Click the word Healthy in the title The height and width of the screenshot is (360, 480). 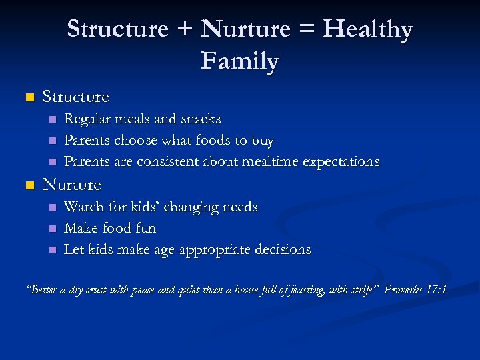(x=368, y=30)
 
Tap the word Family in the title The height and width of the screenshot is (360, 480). (x=240, y=61)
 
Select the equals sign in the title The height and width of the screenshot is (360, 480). (x=307, y=30)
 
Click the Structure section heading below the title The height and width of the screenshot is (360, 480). (x=75, y=97)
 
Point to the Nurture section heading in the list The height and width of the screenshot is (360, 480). (x=71, y=185)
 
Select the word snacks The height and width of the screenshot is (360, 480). (x=199, y=119)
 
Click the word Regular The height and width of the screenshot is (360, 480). (x=87, y=119)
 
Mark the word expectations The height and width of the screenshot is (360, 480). (x=341, y=162)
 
